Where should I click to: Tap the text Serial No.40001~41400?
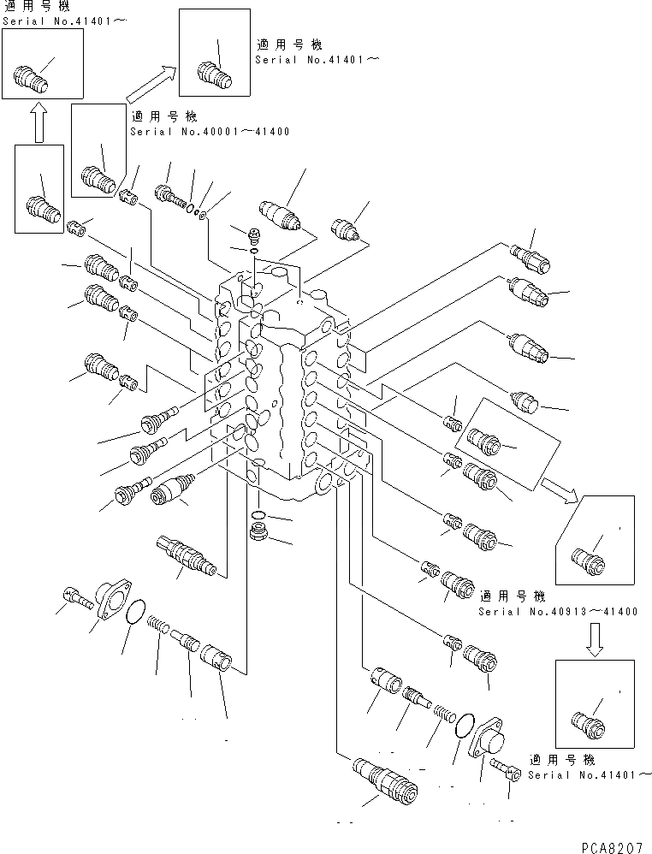[x=210, y=132]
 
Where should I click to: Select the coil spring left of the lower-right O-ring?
[x=440, y=712]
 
